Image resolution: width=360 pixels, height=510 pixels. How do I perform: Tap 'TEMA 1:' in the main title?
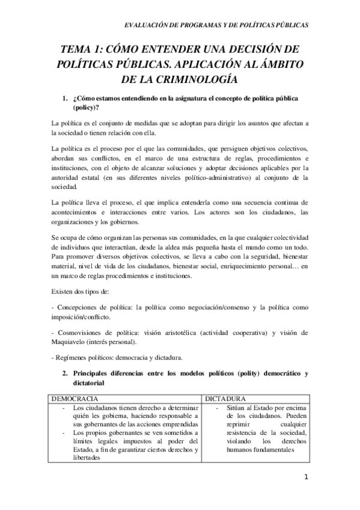tap(85, 50)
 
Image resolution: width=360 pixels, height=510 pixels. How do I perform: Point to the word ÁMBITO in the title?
tap(279, 64)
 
